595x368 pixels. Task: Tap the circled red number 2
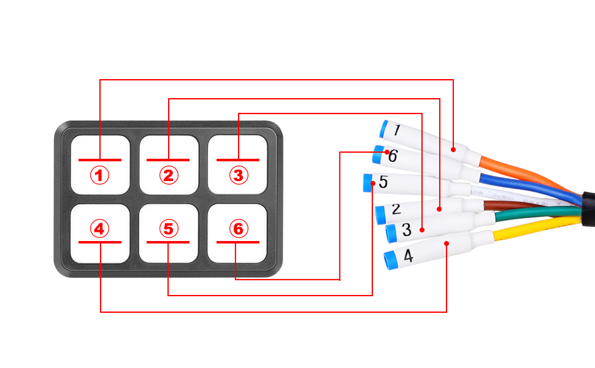coord(169,176)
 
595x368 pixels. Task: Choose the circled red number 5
coord(169,229)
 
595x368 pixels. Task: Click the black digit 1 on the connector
coord(397,130)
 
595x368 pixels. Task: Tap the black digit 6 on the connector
coord(393,156)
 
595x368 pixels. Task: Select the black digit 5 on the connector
coord(383,182)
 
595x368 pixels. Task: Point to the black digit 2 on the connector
coord(396,209)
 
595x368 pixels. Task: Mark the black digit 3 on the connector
coord(406,231)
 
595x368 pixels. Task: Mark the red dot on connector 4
coord(447,243)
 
